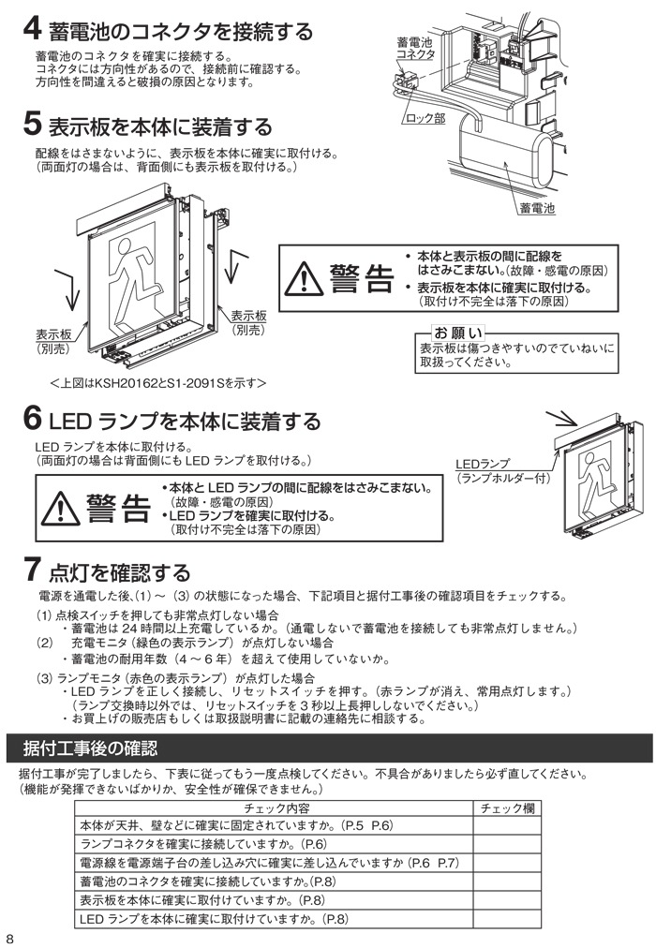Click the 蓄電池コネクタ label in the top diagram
(x=415, y=49)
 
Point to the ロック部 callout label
(x=426, y=120)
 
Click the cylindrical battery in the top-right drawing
(x=507, y=154)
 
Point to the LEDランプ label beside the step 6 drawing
(x=483, y=465)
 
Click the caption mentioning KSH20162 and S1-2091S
(x=158, y=383)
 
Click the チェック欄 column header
(x=506, y=808)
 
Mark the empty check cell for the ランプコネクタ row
(x=506, y=844)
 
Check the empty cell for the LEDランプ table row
(x=506, y=919)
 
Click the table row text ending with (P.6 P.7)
(x=269, y=863)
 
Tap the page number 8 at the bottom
(x=9, y=938)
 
